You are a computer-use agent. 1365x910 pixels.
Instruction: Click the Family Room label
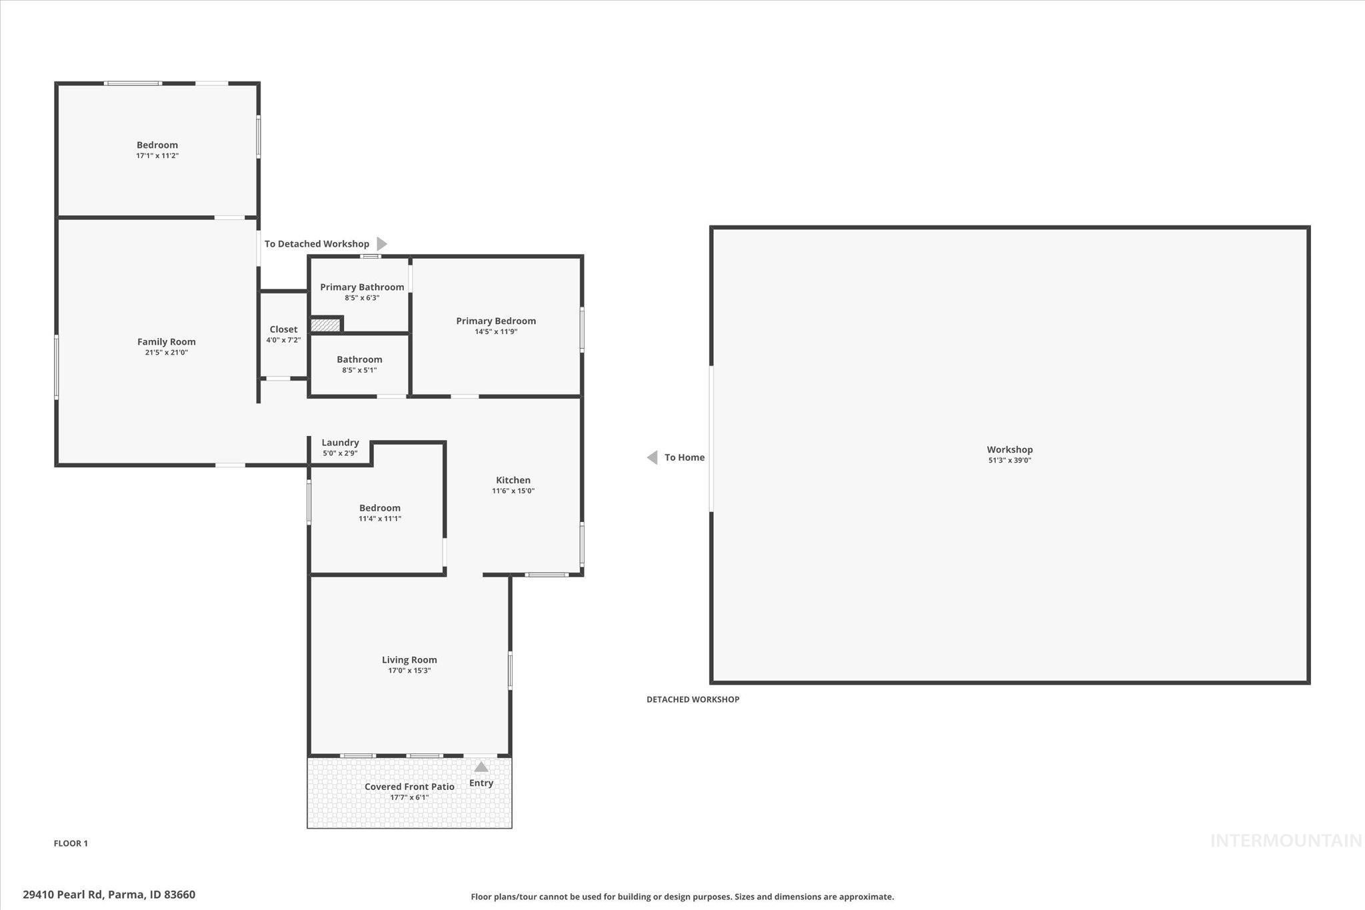[167, 342]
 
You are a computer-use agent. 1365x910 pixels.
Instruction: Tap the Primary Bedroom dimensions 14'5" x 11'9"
[496, 332]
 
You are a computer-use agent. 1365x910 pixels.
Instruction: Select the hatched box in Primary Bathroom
[325, 325]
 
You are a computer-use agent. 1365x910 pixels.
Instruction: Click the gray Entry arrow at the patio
[481, 767]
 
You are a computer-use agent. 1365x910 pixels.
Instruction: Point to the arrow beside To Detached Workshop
[382, 244]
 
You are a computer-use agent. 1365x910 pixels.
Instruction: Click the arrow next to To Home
[652, 457]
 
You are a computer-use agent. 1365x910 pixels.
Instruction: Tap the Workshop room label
[1010, 450]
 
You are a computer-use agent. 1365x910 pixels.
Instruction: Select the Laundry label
[340, 443]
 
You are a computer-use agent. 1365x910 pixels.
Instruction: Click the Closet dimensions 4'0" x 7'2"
[283, 340]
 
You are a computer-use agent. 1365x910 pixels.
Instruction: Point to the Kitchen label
[513, 480]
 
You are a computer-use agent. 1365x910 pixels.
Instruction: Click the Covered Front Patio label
[409, 787]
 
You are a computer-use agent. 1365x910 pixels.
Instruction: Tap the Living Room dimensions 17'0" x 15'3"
[409, 671]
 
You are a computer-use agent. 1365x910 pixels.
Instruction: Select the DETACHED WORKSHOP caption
[692, 699]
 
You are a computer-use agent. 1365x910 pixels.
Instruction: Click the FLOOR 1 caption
[71, 843]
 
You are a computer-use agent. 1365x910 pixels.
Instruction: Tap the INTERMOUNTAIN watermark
[1286, 841]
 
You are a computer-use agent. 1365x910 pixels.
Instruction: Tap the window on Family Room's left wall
[57, 367]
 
